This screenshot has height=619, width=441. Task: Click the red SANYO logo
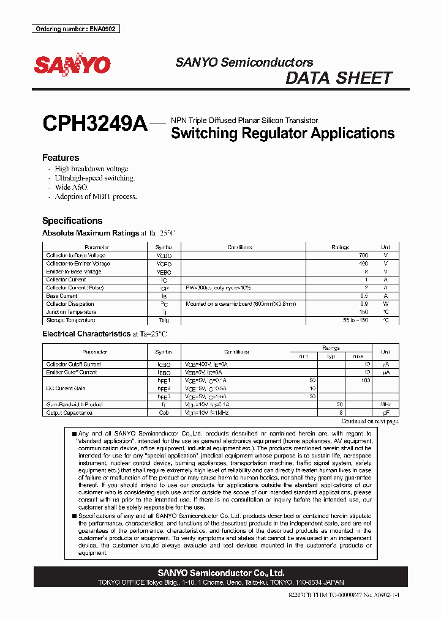[72, 65]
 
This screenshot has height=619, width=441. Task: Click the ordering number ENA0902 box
[75, 29]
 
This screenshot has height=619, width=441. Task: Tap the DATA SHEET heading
[339, 78]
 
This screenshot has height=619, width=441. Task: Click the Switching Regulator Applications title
[282, 133]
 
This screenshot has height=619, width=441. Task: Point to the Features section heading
[61, 158]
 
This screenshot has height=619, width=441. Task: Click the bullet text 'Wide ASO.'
[72, 187]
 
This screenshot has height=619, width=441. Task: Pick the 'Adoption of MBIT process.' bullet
[96, 196]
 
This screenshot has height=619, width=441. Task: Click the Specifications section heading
[72, 221]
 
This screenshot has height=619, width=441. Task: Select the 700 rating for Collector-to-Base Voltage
[363, 255]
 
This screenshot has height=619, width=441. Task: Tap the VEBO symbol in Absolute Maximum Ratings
[164, 272]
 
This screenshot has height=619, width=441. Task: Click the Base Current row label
[62, 296]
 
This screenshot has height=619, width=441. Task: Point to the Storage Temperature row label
[71, 320]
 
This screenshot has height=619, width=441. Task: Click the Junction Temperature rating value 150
[363, 312]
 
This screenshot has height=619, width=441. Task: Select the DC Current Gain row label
[66, 388]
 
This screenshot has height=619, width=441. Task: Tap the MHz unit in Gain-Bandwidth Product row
[385, 405]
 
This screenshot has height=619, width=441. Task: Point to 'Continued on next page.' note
[369, 421]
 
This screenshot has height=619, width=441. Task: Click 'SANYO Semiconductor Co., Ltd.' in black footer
[221, 573]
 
